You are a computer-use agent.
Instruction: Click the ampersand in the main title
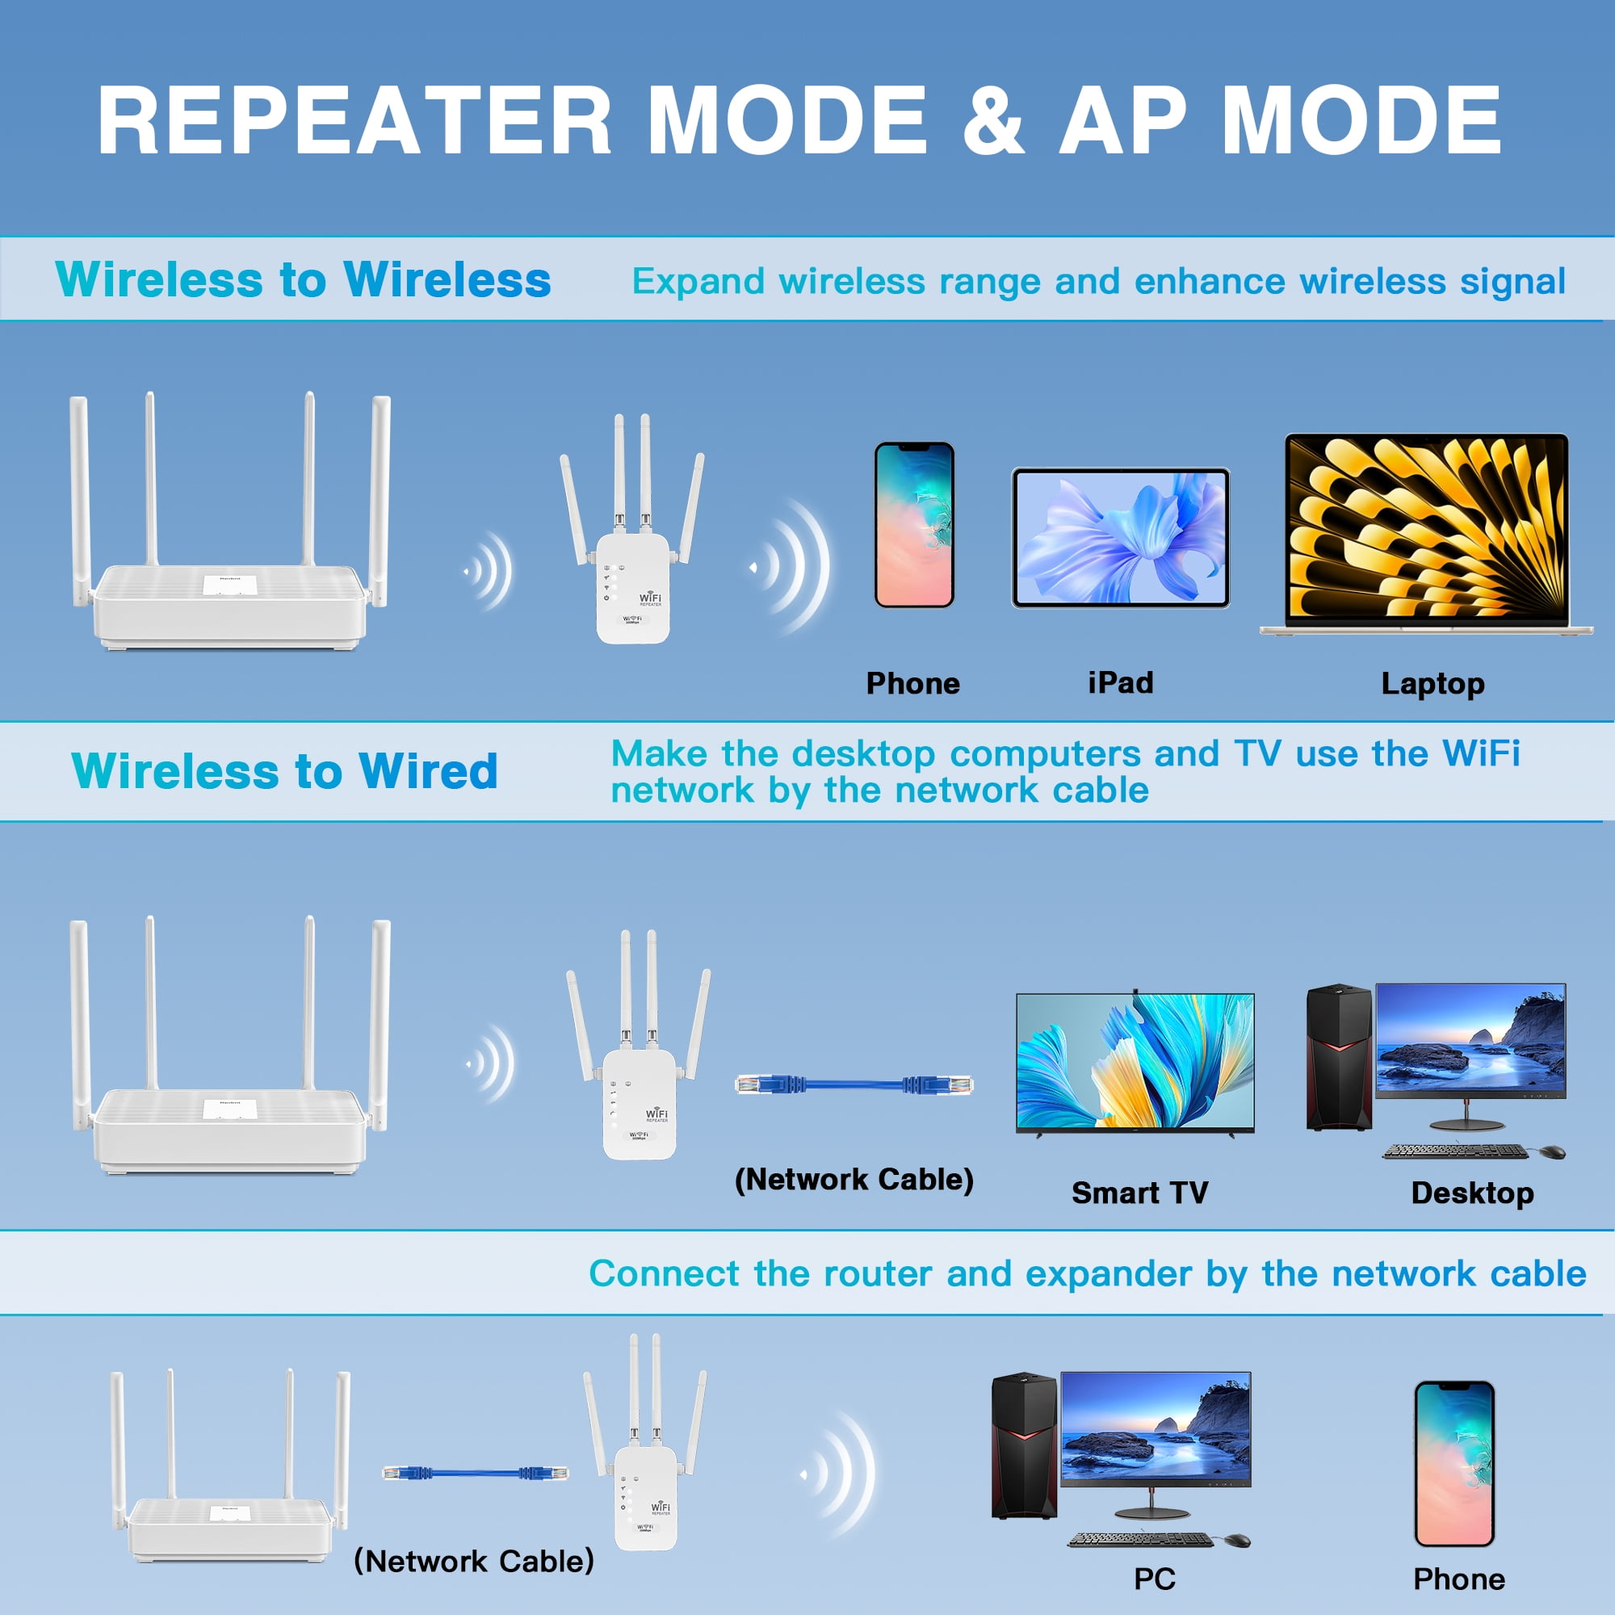[993, 121]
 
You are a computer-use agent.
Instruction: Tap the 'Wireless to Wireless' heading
[303, 279]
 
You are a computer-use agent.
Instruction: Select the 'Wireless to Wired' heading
[284, 770]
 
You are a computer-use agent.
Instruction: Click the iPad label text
[1120, 683]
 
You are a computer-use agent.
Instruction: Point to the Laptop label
[1433, 684]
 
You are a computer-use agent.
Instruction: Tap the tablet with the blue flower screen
[1120, 538]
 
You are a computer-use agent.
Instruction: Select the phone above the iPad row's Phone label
[913, 525]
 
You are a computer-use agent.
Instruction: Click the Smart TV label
[1139, 1193]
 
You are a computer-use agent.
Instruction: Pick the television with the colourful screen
[1135, 1063]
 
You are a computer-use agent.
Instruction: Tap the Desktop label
[1472, 1193]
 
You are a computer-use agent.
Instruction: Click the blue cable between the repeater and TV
[854, 1085]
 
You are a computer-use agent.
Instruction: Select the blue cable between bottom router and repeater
[475, 1473]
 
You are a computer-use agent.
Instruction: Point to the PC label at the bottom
[1155, 1579]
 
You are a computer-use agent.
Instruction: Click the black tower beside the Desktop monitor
[1338, 1058]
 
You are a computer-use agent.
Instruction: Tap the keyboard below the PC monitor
[1140, 1540]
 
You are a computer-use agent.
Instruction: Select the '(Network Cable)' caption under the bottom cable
[473, 1561]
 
